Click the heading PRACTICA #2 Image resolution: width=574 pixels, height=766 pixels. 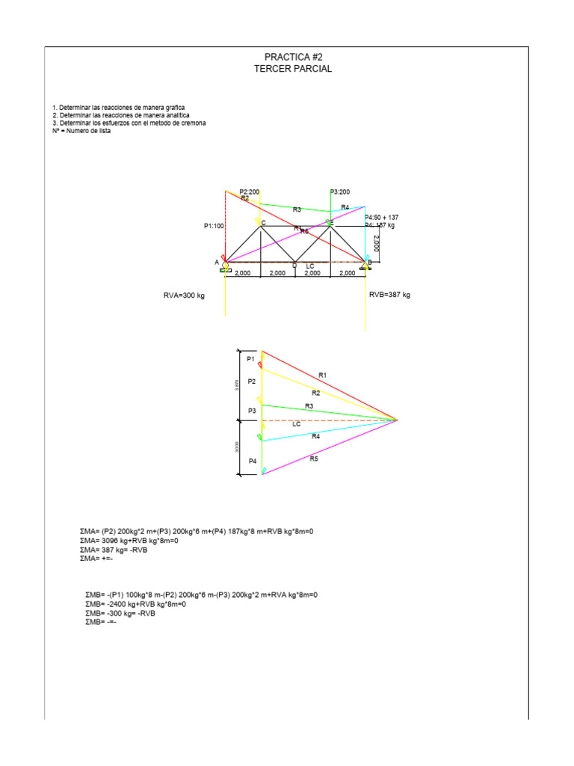[x=293, y=57]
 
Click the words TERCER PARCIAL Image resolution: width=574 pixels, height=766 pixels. [x=293, y=68]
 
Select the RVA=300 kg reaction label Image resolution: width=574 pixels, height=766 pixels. [x=184, y=295]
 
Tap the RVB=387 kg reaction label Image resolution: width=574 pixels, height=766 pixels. [x=389, y=295]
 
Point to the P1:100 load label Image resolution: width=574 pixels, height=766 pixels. [x=213, y=225]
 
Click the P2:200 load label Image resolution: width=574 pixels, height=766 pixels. [x=250, y=192]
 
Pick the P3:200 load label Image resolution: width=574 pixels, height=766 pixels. [x=339, y=192]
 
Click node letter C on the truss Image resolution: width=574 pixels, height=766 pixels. [x=263, y=222]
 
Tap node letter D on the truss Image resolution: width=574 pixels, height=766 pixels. [x=294, y=266]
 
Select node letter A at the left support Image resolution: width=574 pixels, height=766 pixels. [x=217, y=262]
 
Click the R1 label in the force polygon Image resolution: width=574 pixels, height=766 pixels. [x=323, y=374]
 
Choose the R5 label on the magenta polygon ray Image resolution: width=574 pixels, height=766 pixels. [x=314, y=459]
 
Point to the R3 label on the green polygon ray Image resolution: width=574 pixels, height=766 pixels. [x=309, y=406]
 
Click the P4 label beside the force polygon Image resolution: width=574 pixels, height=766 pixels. [x=253, y=462]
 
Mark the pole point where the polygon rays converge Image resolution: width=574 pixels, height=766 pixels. [x=397, y=420]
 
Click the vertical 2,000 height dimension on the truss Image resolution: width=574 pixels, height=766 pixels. [x=377, y=244]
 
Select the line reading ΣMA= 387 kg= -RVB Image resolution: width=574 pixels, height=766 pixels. [x=114, y=549]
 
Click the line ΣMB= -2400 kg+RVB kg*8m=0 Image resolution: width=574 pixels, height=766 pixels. [x=135, y=604]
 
